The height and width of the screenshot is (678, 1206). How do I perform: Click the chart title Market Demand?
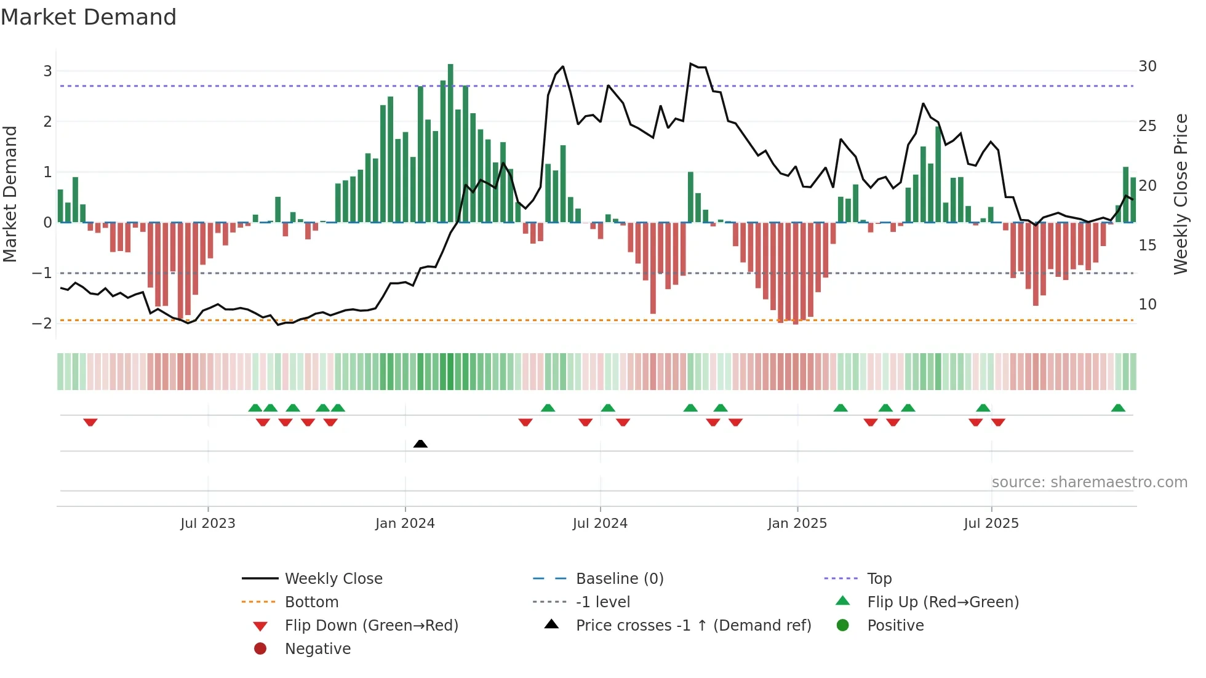tap(89, 17)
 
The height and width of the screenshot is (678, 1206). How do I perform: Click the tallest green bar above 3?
tap(450, 142)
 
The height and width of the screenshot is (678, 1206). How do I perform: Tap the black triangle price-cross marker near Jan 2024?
tap(420, 444)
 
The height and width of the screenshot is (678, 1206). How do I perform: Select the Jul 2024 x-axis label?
tap(600, 524)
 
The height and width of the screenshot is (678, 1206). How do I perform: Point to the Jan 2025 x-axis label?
tap(797, 524)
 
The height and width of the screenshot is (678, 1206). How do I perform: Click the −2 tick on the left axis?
tap(42, 323)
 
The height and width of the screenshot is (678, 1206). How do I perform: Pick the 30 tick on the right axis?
tap(1148, 66)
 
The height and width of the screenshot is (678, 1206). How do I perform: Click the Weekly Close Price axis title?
tap(1180, 194)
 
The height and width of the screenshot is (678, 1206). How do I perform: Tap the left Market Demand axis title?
tap(10, 194)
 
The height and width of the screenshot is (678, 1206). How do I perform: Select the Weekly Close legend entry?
tap(333, 579)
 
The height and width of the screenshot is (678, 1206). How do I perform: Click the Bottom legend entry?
tap(311, 602)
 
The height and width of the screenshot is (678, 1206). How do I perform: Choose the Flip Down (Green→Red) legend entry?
tap(371, 626)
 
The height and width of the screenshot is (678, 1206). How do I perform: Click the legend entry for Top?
tap(879, 579)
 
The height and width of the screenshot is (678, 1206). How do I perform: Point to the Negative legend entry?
tap(317, 649)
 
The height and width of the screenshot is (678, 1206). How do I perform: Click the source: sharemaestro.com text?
tap(1089, 482)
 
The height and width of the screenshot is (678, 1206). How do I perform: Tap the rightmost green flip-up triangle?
tap(1118, 408)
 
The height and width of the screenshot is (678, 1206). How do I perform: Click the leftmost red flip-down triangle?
tap(90, 422)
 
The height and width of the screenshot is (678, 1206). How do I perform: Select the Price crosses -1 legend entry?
tap(693, 626)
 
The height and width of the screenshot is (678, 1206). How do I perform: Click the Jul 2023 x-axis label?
tap(208, 524)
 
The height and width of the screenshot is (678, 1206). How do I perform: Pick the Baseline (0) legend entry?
tap(619, 579)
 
